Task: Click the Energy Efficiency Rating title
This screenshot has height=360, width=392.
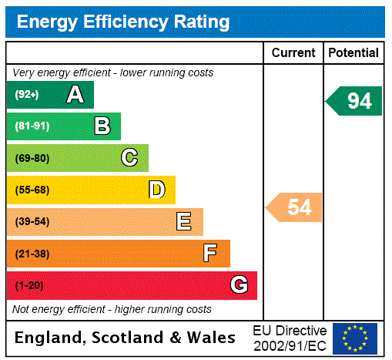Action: (123, 22)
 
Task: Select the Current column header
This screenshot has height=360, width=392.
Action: (293, 52)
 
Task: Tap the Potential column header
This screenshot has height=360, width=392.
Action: (353, 52)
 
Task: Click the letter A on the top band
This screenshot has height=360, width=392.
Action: (75, 95)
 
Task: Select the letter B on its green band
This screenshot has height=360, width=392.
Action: (102, 126)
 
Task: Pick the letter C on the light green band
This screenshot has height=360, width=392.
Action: (129, 158)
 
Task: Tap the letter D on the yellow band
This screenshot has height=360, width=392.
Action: (157, 190)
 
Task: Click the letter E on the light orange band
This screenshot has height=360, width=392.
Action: (184, 222)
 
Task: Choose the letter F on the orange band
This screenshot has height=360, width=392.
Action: (210, 254)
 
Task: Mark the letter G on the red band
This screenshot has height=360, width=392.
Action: (239, 285)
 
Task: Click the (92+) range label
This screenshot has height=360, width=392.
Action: (27, 95)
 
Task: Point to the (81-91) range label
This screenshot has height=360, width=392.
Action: (32, 126)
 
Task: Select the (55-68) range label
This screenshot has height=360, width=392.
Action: (32, 190)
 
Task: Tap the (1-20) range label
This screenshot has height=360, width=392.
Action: (29, 285)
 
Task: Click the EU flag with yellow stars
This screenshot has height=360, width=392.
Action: (355, 338)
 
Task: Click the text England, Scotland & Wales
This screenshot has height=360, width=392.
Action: (126, 338)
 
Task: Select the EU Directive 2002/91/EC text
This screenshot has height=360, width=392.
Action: (290, 338)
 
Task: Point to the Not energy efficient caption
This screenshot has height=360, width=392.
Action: (112, 309)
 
